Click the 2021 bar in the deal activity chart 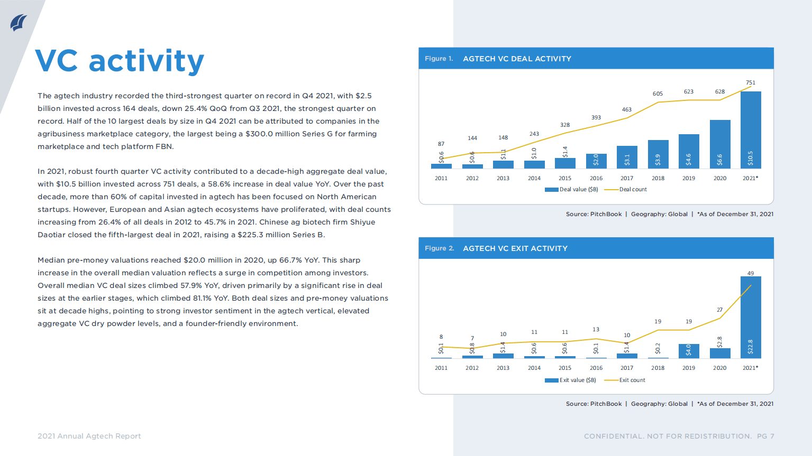(x=751, y=129)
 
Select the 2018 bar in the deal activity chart (x=658, y=154)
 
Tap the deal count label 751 (x=751, y=82)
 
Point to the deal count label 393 (x=596, y=117)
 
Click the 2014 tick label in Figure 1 (x=534, y=178)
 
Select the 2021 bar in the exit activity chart (x=751, y=317)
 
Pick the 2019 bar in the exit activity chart (x=689, y=351)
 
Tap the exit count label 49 (x=751, y=273)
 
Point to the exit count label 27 (x=719, y=310)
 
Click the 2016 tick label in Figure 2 (x=596, y=368)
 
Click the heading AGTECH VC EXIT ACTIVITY (x=515, y=248)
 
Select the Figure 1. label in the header (x=439, y=59)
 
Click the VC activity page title (x=120, y=61)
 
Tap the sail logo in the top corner (x=19, y=23)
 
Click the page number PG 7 (x=765, y=436)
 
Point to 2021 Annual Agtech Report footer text (x=89, y=436)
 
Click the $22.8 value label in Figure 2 (x=751, y=347)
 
